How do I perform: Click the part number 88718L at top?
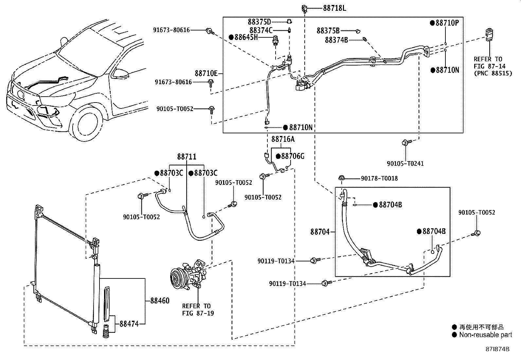(334, 8)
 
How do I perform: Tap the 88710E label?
(206, 73)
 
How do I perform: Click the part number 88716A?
(283, 139)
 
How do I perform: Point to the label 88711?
(187, 157)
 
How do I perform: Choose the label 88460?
(160, 300)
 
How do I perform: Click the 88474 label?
(129, 324)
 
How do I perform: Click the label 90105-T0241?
(405, 163)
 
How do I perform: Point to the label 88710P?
(447, 23)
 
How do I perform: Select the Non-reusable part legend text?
(485, 335)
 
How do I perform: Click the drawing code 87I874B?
(497, 349)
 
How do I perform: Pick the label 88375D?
(259, 22)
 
